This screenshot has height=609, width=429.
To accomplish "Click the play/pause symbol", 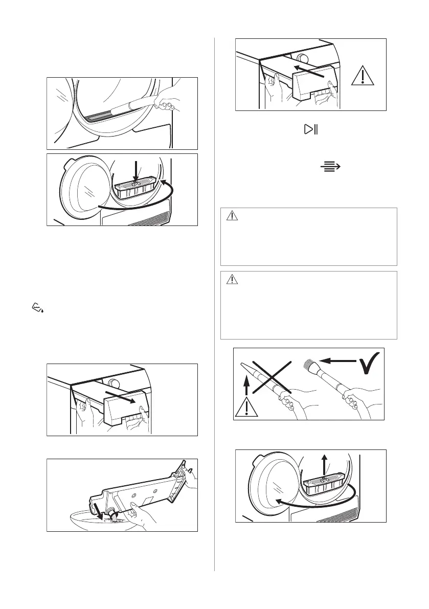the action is point(311,130).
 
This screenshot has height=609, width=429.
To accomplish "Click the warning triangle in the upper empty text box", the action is point(232,216).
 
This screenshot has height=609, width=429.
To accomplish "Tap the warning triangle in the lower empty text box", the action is point(232,279).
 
